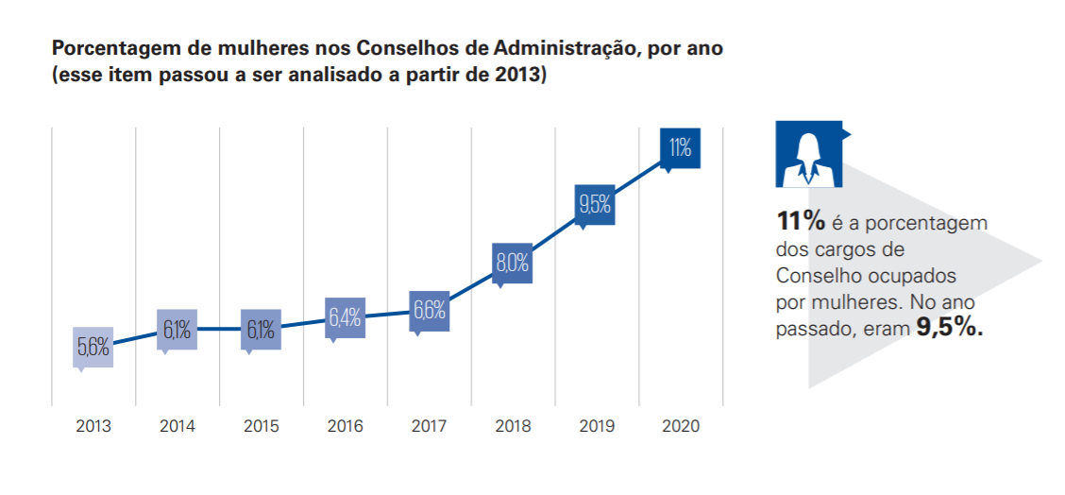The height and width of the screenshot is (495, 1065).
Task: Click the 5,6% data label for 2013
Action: pyautogui.click(x=93, y=348)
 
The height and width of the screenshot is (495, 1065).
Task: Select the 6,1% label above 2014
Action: pyautogui.click(x=177, y=330)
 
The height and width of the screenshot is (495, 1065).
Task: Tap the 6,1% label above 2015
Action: pyautogui.click(x=261, y=330)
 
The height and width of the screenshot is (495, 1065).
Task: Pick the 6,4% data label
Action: pyautogui.click(x=345, y=317)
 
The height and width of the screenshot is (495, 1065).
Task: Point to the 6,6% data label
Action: pyautogui.click(x=429, y=310)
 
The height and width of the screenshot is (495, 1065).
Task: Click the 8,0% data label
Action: pyautogui.click(x=513, y=263)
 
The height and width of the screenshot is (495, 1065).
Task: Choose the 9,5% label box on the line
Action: pyautogui.click(x=596, y=203)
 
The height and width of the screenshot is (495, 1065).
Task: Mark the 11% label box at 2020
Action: pyautogui.click(x=680, y=147)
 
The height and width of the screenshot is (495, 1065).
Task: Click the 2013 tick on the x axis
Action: pyautogui.click(x=93, y=426)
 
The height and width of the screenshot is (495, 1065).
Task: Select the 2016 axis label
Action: pyautogui.click(x=345, y=426)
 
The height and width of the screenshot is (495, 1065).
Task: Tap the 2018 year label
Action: pyautogui.click(x=513, y=426)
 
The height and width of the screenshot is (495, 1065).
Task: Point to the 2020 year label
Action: pyautogui.click(x=680, y=426)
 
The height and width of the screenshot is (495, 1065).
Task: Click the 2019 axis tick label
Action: pyautogui.click(x=596, y=426)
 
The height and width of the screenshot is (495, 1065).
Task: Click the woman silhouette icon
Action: pyautogui.click(x=807, y=154)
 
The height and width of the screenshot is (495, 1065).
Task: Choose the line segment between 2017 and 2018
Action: pyautogui.click(x=470, y=286)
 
